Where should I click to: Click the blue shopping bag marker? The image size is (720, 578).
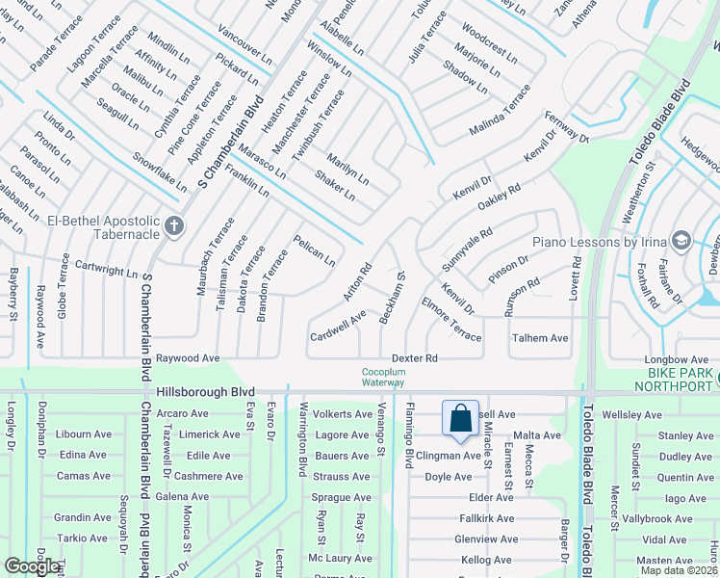[461, 418]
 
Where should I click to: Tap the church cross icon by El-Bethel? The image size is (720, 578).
[173, 226]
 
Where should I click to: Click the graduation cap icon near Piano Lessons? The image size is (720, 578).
[681, 240]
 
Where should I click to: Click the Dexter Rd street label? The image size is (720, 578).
[415, 358]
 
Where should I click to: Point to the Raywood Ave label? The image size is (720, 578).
[189, 357]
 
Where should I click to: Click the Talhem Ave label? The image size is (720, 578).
[540, 338]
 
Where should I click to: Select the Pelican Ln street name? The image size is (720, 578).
[315, 250]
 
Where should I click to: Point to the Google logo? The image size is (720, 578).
[32, 566]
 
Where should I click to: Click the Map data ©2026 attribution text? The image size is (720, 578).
[679, 570]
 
